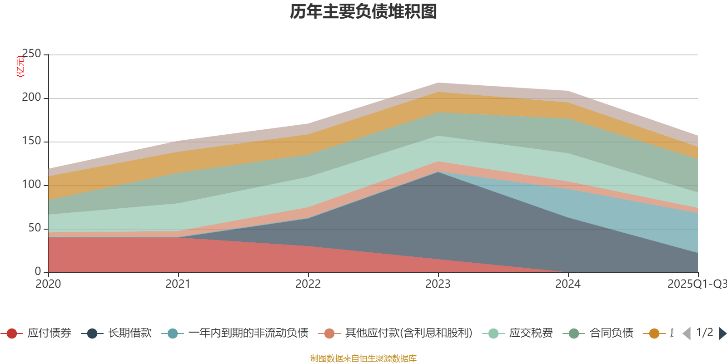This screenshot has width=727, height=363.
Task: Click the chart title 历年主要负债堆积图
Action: [x=363, y=12]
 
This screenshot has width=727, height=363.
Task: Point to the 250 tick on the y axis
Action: [x=31, y=54]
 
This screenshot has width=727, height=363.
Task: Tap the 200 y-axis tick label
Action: [x=31, y=98]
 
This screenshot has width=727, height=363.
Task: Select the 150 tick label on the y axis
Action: [x=31, y=141]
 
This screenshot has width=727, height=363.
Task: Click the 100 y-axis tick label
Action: [x=31, y=185]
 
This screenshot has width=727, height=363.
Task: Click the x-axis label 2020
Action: [x=48, y=284]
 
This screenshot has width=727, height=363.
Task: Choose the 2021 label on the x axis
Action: [x=178, y=284]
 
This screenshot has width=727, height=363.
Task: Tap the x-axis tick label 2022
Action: [x=308, y=284]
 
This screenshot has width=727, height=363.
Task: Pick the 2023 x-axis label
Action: [x=438, y=284]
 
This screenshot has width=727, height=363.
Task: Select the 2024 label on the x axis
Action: [x=568, y=284]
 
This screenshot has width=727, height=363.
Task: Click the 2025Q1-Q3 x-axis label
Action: [x=697, y=284]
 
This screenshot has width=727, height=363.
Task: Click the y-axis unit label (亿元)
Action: [x=20, y=66]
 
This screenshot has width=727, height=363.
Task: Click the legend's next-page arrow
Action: [x=722, y=334]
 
